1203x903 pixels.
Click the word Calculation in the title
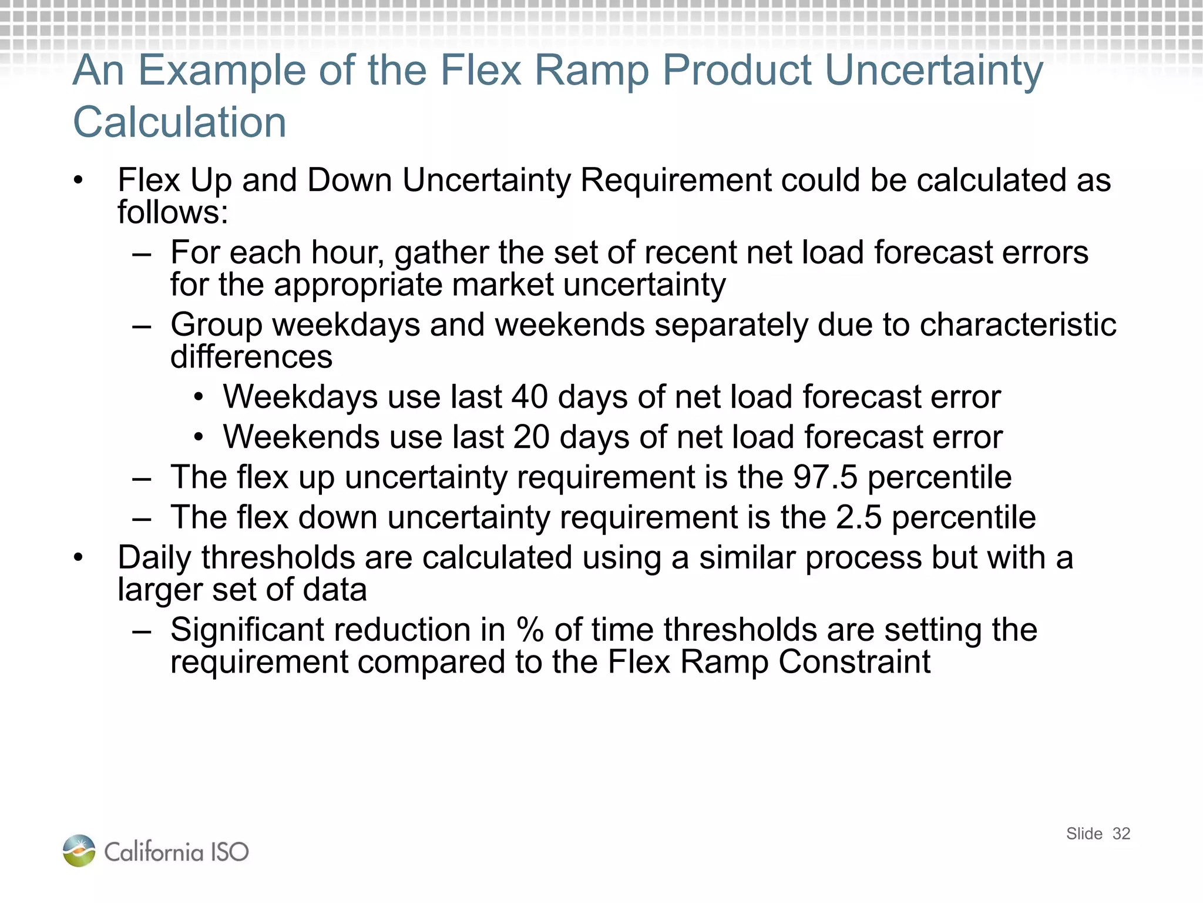pos(180,122)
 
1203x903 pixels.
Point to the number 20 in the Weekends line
pos(531,437)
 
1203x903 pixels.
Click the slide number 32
pos(1121,834)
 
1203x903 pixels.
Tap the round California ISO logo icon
pos(79,851)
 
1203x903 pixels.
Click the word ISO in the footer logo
pos(230,852)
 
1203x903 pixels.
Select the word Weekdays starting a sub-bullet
pos(300,397)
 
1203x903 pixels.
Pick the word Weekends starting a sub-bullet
pos(301,437)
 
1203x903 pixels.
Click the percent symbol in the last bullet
pos(530,630)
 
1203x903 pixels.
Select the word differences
pos(251,357)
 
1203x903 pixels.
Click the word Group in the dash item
pos(216,325)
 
